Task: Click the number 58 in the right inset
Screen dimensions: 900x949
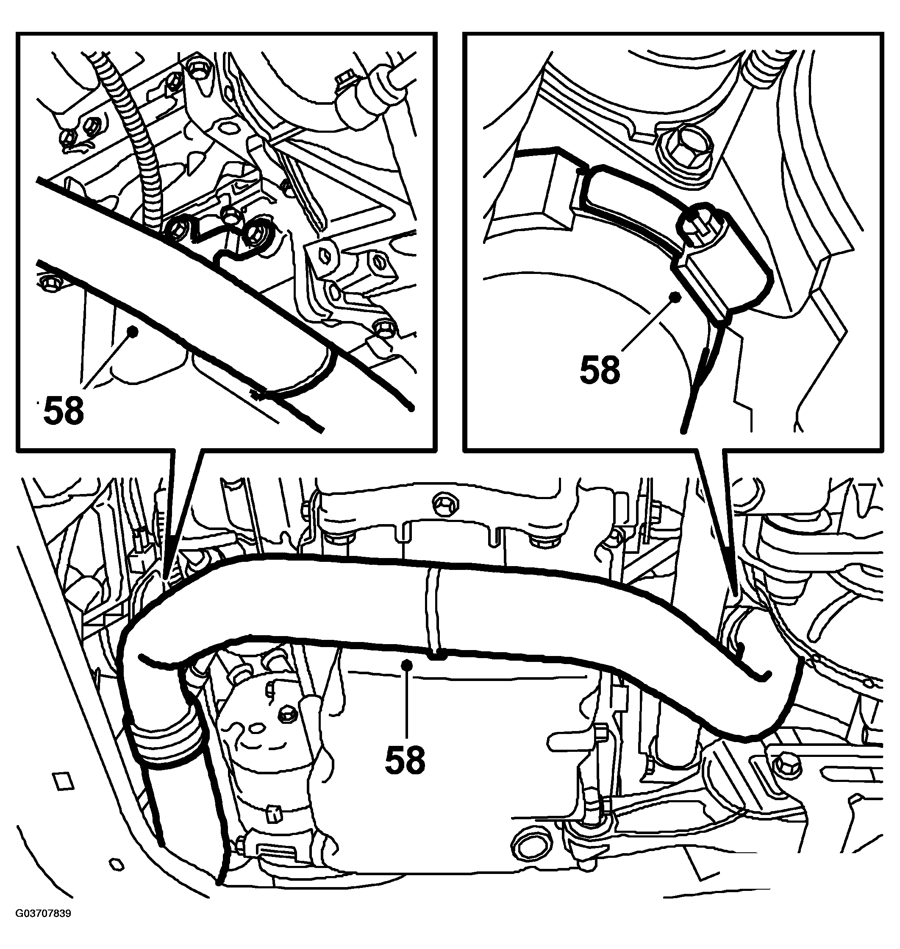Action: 600,370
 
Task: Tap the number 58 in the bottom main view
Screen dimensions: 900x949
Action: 406,760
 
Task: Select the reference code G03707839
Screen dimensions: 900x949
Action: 43,927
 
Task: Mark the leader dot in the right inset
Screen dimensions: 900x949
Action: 676,297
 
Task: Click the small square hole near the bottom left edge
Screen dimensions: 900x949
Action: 62,781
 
